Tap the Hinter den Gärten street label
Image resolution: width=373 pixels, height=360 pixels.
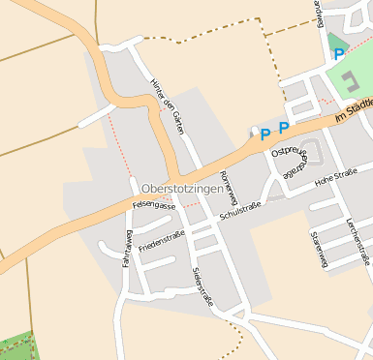(168, 105)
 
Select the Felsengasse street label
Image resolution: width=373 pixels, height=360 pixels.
(153, 205)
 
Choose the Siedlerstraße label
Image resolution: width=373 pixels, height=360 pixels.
(202, 285)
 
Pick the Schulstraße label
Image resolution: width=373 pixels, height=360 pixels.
(241, 209)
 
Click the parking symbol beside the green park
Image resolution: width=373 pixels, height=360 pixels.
(339, 55)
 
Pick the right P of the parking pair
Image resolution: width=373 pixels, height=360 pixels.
(284, 128)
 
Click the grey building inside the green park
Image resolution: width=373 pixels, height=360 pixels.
(347, 76)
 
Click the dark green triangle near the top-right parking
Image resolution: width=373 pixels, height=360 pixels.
(334, 41)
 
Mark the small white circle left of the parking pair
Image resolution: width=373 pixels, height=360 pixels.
(254, 131)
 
